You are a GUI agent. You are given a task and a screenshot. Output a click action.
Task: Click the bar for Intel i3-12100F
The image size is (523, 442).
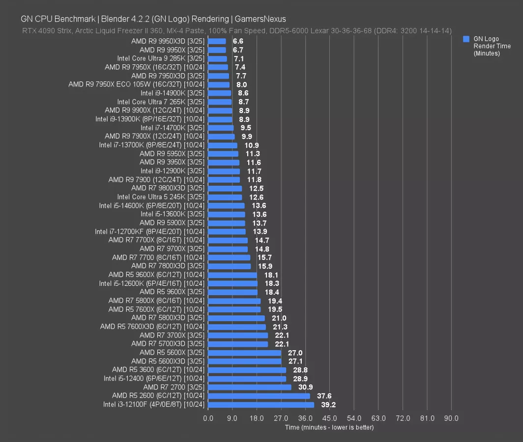pyautogui.click(x=261, y=405)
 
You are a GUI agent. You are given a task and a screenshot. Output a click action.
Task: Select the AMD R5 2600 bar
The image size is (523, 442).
pyautogui.click(x=259, y=396)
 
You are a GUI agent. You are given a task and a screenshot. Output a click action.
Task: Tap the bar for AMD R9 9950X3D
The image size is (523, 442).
pyautogui.click(x=217, y=41)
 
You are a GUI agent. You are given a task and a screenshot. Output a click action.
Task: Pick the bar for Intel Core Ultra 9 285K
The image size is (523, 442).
pyautogui.click(x=218, y=58)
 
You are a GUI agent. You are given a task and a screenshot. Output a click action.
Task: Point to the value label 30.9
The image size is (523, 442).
pyautogui.click(x=306, y=387)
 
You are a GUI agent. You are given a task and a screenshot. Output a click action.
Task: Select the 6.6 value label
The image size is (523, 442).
pyautogui.click(x=238, y=41)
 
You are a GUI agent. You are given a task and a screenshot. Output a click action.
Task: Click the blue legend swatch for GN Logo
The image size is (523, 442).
pyautogui.click(x=466, y=39)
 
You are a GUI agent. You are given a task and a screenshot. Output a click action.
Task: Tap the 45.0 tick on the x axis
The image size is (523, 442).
pyautogui.click(x=330, y=418)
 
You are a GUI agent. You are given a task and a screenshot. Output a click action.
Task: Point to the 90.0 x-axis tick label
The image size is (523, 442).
pyautogui.click(x=451, y=418)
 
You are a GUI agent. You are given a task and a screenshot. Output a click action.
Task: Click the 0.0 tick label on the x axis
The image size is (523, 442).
pyautogui.click(x=208, y=418)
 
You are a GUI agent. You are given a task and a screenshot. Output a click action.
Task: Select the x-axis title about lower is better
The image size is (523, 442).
pyautogui.click(x=329, y=427)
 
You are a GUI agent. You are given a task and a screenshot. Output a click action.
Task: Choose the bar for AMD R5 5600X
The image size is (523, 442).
pyautogui.click(x=245, y=353)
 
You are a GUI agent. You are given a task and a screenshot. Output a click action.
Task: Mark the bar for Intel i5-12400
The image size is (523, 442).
pyautogui.click(x=247, y=379)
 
